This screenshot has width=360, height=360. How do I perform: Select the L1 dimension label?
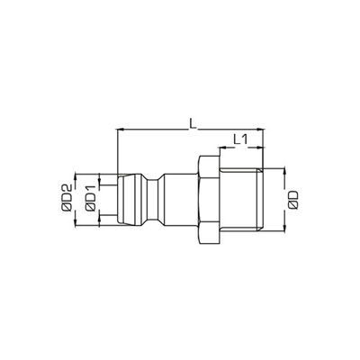coord(240,139)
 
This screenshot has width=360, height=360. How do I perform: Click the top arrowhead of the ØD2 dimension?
coord(78,174)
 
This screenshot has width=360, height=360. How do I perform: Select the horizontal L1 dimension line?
coord(240,148)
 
